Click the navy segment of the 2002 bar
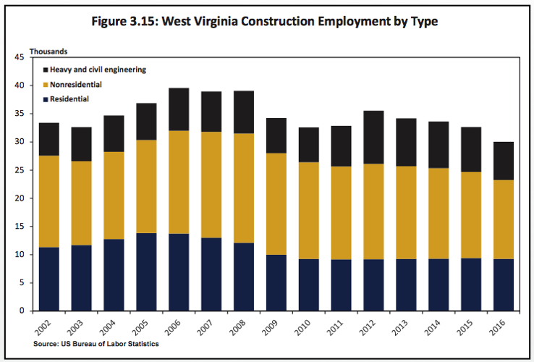[x=48, y=279]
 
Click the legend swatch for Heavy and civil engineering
[x=46, y=70]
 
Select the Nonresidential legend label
[x=75, y=84]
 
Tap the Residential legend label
[x=69, y=98]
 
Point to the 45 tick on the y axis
[x=19, y=57]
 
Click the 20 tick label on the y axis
[x=19, y=198]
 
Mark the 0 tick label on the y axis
[x=22, y=311]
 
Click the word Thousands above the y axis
[x=48, y=51]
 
